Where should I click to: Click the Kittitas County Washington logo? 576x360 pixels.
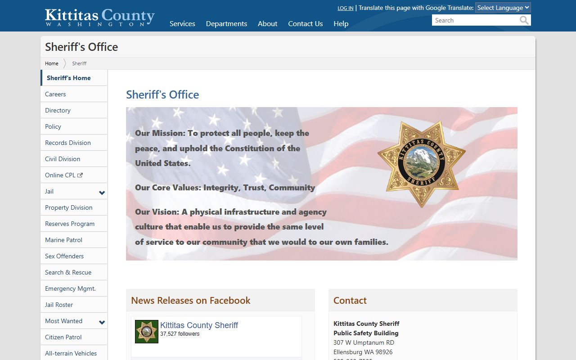(99, 17)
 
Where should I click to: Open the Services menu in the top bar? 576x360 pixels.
(182, 24)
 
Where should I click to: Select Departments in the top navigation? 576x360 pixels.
(226, 24)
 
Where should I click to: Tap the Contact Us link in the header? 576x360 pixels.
(305, 24)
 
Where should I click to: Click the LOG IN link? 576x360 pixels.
(345, 8)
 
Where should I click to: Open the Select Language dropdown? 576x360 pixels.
(503, 8)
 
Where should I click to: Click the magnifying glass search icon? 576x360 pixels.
(524, 20)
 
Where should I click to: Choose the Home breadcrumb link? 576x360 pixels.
(52, 63)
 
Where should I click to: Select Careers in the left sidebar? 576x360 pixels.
(55, 94)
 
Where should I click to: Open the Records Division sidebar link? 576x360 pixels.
(68, 143)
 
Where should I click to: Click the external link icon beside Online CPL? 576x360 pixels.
(80, 175)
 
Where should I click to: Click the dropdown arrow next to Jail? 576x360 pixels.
(102, 193)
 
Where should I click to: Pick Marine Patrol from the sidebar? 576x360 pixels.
(63, 240)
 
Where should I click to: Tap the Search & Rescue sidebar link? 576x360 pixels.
(68, 272)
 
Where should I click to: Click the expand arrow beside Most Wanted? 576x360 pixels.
(102, 322)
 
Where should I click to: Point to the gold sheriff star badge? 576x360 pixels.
(421, 164)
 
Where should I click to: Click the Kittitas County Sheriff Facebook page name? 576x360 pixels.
(199, 325)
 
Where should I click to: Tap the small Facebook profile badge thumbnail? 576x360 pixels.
(147, 332)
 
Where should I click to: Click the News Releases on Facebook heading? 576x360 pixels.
(190, 301)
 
